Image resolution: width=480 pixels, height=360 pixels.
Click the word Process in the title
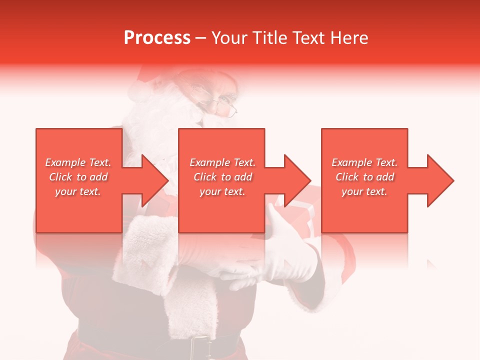click(x=157, y=38)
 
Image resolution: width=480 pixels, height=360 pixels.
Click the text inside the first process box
click(x=78, y=177)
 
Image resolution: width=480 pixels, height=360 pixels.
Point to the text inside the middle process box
click(x=222, y=177)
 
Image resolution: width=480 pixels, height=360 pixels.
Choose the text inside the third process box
click(x=364, y=177)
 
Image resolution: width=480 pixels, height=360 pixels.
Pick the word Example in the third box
click(x=351, y=162)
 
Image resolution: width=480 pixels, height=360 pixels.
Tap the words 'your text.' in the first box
click(x=78, y=191)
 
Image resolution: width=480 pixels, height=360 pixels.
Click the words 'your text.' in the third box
click(x=364, y=191)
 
